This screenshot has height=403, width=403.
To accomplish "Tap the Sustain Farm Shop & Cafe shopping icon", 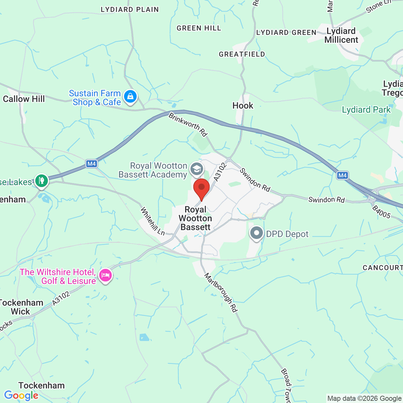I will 130,96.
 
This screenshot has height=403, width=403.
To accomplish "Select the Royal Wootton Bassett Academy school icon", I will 197,169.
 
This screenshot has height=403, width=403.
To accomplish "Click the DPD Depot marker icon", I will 257,233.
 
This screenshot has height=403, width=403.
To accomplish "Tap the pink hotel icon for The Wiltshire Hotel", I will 105,275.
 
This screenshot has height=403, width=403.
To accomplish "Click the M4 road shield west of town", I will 92,164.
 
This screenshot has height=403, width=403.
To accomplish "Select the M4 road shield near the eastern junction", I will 342,175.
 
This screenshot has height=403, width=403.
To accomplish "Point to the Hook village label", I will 243,105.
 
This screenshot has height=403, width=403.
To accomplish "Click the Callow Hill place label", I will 24,99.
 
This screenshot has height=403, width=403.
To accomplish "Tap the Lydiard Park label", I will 366,110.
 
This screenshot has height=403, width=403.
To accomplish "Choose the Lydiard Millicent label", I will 341,36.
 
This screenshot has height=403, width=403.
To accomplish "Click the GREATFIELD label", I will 242,54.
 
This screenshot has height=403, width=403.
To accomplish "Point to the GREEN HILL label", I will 199,28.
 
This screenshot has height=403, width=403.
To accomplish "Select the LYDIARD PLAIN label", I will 130,10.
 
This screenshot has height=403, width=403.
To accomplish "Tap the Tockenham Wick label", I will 21,307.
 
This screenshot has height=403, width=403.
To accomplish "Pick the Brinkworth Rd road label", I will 188,125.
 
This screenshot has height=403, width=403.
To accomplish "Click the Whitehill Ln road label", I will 152,221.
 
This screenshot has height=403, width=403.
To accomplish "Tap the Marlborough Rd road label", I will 221,292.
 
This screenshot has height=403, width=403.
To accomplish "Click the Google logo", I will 21,395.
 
